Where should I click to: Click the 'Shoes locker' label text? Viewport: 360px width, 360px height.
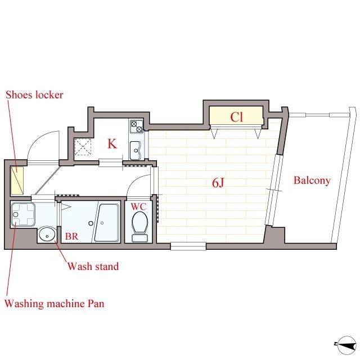34,95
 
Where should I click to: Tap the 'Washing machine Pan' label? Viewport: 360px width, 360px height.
55,303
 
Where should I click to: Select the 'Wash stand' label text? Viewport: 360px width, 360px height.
93,266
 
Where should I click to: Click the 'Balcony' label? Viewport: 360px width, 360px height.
312,181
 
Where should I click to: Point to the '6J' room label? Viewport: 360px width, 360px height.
218,183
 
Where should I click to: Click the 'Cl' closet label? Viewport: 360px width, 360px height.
236,117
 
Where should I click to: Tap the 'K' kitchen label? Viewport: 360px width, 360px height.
112,144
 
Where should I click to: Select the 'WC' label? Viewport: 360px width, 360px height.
139,206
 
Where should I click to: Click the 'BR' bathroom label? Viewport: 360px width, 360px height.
71,236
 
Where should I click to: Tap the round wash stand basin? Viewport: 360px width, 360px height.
47,234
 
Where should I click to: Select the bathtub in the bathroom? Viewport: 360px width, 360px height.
107,222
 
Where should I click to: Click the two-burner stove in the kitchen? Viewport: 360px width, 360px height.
136,127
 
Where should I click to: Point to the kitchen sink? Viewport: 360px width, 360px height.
135,150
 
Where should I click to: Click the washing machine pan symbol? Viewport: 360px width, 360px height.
22,214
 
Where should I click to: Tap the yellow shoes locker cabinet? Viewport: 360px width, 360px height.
17,181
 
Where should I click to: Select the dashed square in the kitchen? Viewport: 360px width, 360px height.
83,147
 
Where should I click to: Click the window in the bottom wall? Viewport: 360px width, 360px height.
188,246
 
